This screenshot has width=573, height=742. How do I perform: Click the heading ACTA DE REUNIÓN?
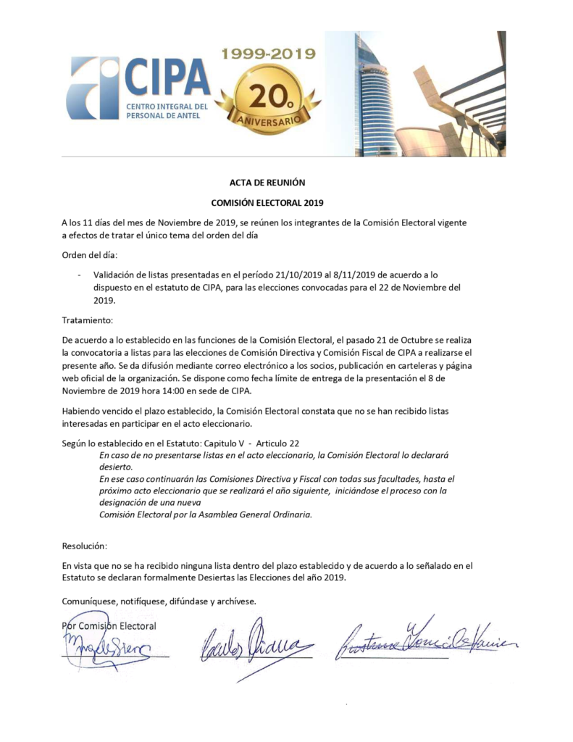tap(262, 183)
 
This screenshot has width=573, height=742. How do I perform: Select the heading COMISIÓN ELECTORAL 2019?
tap(262, 202)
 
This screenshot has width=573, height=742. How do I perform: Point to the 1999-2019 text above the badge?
tap(268, 54)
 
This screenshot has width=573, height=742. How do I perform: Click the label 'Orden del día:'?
tap(89, 255)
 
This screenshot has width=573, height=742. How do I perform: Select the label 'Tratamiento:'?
tap(88, 320)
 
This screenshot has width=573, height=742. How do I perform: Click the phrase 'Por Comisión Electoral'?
tap(109, 625)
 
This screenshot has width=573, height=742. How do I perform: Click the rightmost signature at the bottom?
tap(424, 641)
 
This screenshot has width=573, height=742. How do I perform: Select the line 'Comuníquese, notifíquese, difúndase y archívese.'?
tap(159, 601)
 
